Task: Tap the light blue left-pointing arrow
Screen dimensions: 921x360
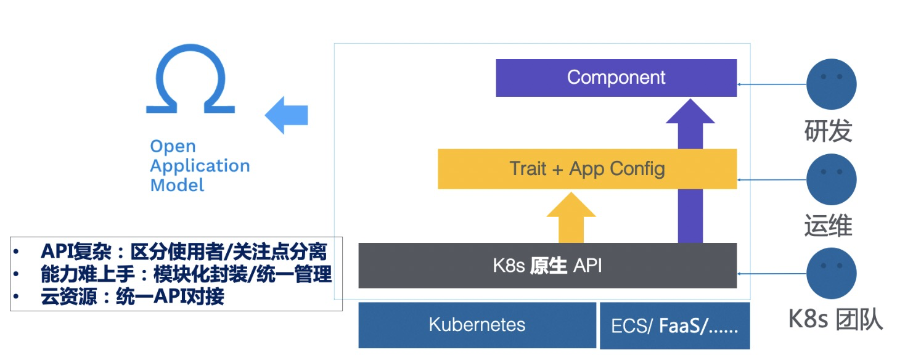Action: [286, 115]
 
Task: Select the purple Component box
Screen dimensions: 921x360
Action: [616, 78]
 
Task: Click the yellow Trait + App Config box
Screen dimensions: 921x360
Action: [587, 169]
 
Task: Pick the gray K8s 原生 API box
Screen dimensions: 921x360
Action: [547, 266]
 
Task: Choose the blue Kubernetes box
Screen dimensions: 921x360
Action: [477, 325]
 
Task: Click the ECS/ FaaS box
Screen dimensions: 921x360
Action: [674, 326]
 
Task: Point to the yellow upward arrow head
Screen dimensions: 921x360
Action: [571, 205]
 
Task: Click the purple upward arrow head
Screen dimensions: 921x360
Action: [690, 112]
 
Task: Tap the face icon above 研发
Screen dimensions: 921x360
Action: [832, 84]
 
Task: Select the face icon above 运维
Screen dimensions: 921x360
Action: [832, 179]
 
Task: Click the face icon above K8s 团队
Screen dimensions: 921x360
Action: [832, 273]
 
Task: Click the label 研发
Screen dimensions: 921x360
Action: [828, 131]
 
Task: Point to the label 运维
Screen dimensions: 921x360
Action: [828, 225]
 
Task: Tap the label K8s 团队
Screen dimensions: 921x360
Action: [835, 319]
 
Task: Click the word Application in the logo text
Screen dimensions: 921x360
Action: [200, 166]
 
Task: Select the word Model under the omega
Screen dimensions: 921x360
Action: [177, 186]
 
